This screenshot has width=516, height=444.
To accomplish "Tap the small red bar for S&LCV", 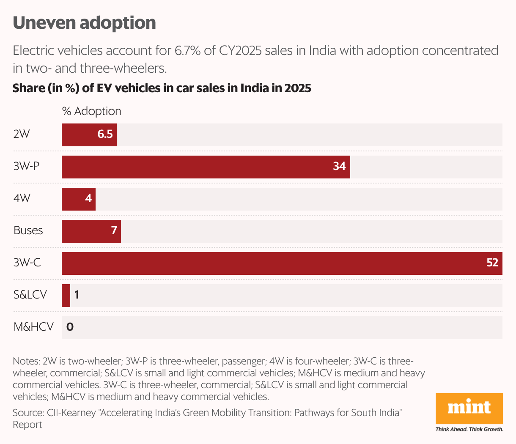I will pos(66,296).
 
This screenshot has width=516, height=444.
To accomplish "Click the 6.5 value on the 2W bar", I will pos(105,134).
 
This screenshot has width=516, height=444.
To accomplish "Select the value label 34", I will pos(339,167).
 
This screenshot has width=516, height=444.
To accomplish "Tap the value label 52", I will pos(492,263).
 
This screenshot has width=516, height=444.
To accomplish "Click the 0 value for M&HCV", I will pos(70,327).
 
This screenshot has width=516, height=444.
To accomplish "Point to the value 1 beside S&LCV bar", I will pos(77,295).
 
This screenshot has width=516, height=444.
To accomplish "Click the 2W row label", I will pos(22,134).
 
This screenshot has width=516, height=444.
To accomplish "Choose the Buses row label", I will pos(28,231).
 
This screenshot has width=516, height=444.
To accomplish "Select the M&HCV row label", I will pos(33,327).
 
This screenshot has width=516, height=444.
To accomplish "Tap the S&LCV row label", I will pos(30,295).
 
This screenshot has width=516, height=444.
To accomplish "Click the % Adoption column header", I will pos(91,111).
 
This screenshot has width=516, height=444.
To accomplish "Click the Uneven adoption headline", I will pos(84,23).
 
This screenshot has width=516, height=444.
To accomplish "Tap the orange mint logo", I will pos(469,408).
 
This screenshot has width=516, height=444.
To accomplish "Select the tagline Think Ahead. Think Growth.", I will pos(469,430).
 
